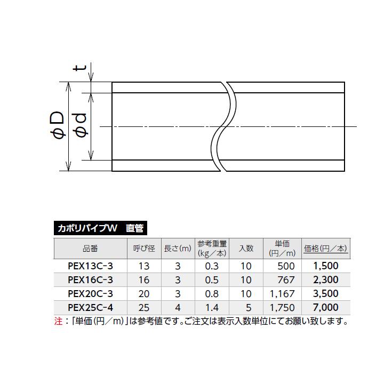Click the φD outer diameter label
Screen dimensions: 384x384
tap(58, 127)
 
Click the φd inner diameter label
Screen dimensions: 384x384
tap(82, 127)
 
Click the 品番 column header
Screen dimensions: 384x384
tap(90, 249)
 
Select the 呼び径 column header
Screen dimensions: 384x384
tap(143, 249)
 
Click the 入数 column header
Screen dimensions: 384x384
tap(246, 249)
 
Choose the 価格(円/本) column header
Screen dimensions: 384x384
tap(325, 249)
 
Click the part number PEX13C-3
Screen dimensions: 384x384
tap(90, 266)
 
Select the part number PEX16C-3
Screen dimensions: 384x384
tap(90, 279)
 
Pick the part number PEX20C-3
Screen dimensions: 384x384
tap(90, 293)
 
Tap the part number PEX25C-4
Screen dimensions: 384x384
tap(90, 307)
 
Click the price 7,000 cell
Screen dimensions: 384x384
tap(325, 307)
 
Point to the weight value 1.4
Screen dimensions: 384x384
tap(212, 307)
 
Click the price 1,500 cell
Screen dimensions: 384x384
tap(325, 266)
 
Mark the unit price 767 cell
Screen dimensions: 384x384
tap(286, 279)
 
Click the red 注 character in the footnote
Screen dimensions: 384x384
tap(58, 322)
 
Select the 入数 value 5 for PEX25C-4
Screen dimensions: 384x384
tap(246, 307)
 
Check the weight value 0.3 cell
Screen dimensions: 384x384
tap(212, 266)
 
